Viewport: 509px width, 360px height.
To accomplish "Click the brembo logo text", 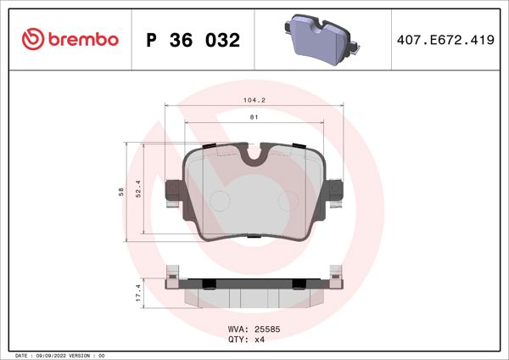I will pyautogui.click(x=81, y=40).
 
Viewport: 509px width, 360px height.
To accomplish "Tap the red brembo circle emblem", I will pyautogui.click(x=31, y=40).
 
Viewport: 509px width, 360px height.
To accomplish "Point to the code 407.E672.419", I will pyautogui.click(x=446, y=40).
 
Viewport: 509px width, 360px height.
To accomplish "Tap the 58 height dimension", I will pyautogui.click(x=120, y=193).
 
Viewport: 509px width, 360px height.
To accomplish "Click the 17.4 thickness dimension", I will pyautogui.click(x=138, y=294).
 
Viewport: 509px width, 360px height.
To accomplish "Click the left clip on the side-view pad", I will pyautogui.click(x=171, y=278).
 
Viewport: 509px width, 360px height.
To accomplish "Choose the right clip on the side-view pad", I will pyautogui.click(x=336, y=278).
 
